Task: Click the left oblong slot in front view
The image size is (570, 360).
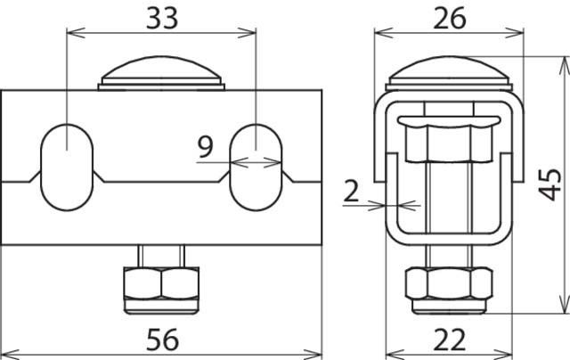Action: click(68, 167)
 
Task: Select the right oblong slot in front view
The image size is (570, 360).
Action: click(256, 167)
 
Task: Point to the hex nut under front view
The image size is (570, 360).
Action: click(160, 286)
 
